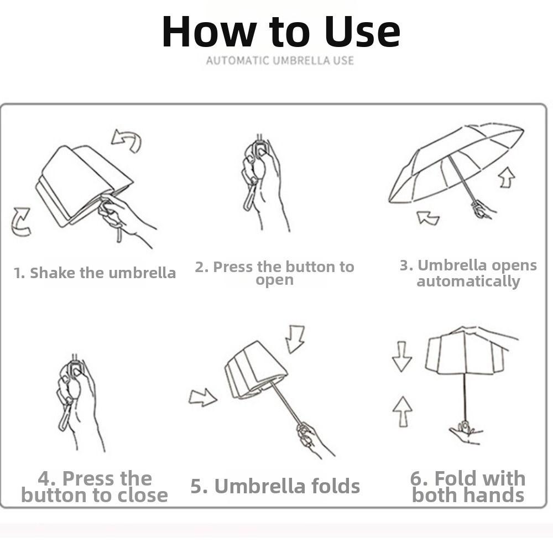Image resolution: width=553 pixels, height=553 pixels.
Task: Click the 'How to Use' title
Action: (x=280, y=32)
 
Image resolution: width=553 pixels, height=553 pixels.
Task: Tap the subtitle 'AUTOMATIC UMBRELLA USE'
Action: (x=280, y=60)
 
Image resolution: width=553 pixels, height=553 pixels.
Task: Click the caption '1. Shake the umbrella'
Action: (x=95, y=273)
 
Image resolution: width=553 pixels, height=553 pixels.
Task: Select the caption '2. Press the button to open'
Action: (x=274, y=273)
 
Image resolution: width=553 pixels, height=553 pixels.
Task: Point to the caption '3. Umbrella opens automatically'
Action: (x=468, y=273)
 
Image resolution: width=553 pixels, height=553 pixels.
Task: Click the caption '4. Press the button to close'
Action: (x=95, y=487)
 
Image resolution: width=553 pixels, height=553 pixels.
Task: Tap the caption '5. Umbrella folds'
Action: (x=275, y=487)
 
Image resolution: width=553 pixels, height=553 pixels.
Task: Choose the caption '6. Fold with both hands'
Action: (x=468, y=487)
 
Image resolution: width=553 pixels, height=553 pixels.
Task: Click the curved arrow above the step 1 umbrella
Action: (x=127, y=139)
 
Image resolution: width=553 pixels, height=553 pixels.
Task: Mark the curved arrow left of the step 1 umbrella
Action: (x=21, y=221)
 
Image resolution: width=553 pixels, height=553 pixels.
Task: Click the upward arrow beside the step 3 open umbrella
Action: (x=506, y=178)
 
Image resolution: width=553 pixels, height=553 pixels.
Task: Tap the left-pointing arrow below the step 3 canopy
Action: (x=428, y=217)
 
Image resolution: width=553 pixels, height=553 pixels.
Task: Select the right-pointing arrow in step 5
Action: (x=202, y=397)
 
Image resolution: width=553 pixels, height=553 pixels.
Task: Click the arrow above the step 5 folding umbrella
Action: (x=295, y=338)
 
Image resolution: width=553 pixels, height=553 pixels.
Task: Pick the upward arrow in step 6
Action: (x=402, y=411)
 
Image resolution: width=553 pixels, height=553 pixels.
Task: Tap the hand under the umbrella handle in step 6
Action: (x=466, y=433)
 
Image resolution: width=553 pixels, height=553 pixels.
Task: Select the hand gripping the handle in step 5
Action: (x=310, y=437)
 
